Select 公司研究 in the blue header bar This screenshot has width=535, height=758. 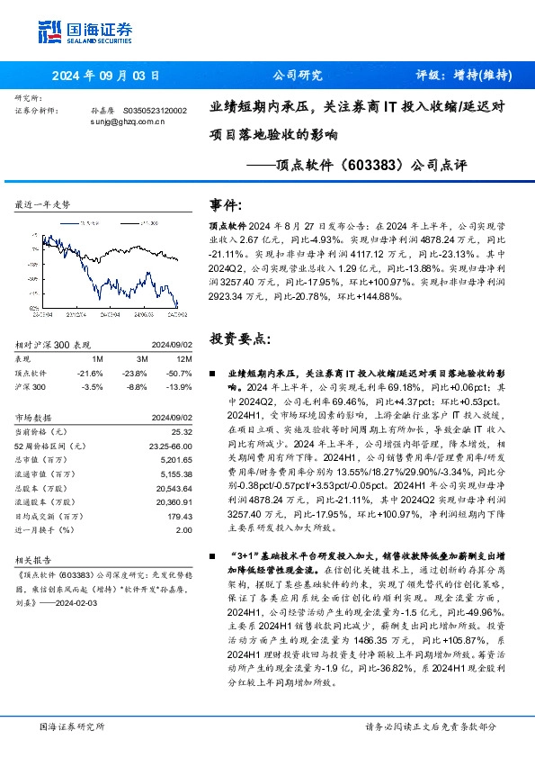tap(296, 76)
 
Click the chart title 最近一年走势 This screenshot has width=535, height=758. tap(43, 204)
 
